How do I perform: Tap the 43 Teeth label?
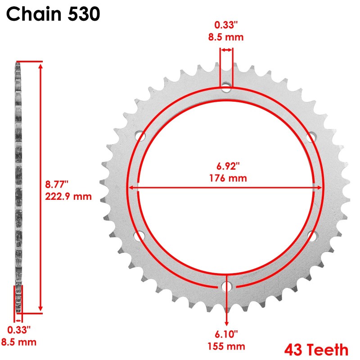click(316, 349)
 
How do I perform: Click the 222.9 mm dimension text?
click(68, 197)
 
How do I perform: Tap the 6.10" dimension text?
click(226, 334)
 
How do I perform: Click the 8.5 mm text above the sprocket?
click(226, 37)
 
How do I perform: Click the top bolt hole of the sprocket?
click(226, 85)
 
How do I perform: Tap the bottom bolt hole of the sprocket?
click(226, 286)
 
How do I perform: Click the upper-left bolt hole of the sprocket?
click(140, 136)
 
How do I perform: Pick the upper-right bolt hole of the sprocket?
click(311, 136)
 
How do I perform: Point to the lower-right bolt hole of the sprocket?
click(311, 235)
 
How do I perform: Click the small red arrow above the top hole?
click(226, 50)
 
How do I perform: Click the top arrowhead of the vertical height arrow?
click(41, 66)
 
